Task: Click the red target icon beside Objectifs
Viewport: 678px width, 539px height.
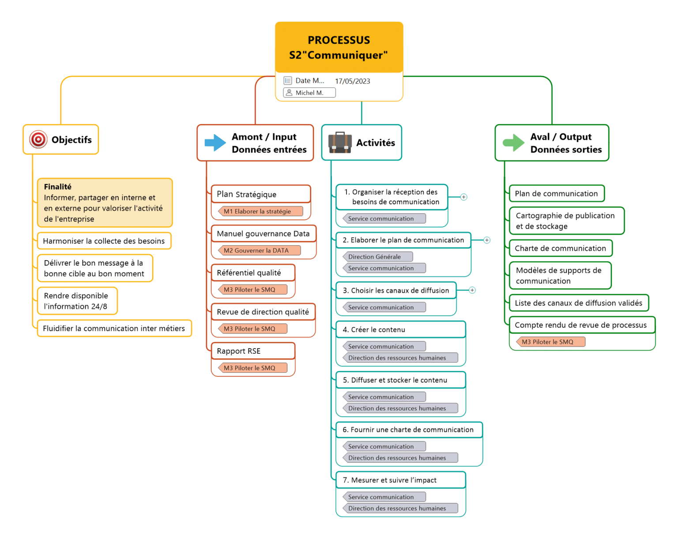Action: [x=38, y=140]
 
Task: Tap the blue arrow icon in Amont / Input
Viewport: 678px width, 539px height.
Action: [x=215, y=143]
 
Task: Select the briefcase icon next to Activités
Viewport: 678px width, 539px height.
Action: [x=339, y=142]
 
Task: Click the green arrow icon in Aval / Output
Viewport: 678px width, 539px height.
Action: [x=513, y=143]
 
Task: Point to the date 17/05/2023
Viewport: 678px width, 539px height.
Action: [x=352, y=81]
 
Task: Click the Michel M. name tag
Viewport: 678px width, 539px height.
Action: [x=309, y=93]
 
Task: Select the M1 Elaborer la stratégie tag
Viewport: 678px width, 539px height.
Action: [x=260, y=211]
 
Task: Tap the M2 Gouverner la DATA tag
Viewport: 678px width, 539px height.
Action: [x=259, y=251]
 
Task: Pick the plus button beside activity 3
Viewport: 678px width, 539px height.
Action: [x=472, y=290]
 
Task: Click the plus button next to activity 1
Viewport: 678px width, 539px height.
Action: [x=463, y=197]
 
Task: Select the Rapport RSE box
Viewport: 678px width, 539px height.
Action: [x=252, y=351]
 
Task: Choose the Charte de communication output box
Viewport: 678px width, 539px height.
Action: [x=560, y=248]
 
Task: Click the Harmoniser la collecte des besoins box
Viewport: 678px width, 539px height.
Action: [x=104, y=241]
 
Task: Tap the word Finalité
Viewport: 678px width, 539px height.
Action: [x=57, y=187]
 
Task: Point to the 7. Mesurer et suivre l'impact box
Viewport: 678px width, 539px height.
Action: [x=400, y=480]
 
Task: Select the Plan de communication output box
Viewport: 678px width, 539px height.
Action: [x=556, y=194]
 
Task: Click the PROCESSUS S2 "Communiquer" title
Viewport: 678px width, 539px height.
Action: [x=339, y=48]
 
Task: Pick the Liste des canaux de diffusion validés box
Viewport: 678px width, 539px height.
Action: [x=578, y=303]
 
